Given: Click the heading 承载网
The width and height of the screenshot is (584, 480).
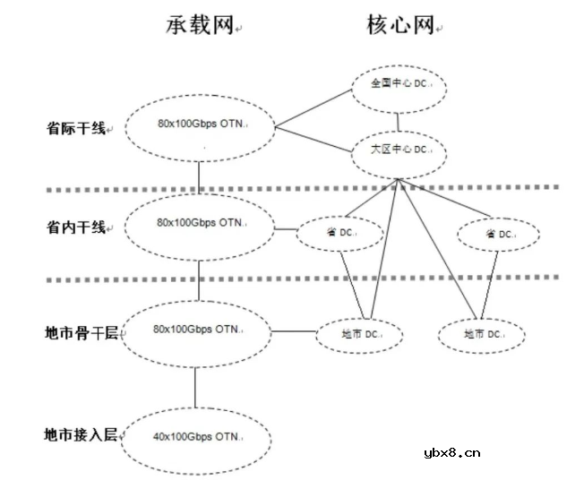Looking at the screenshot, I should tap(199, 27).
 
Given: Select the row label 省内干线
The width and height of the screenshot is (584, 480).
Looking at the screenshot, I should tap(76, 227).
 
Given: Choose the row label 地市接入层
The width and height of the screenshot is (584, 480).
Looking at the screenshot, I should tap(81, 435).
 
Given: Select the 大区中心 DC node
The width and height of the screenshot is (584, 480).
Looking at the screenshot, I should tap(397, 150).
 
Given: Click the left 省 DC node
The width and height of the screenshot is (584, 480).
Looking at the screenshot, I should tap(340, 234).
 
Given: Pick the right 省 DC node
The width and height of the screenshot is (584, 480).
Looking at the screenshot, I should tap(499, 234).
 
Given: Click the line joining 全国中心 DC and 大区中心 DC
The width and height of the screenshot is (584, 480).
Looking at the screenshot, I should tap(397, 119).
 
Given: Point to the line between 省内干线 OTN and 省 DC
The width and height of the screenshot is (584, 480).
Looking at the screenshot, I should tap(286, 230).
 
